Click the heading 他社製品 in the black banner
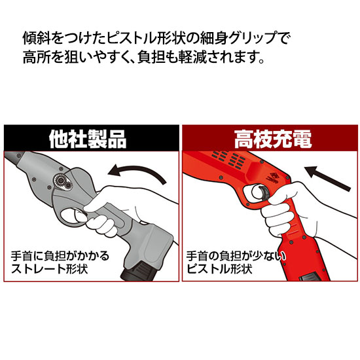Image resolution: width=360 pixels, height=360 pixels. pyautogui.click(x=88, y=139)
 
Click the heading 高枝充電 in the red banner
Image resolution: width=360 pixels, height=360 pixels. pyautogui.click(x=273, y=139)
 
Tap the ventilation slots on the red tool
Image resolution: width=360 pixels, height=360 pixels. pyautogui.click(x=228, y=158)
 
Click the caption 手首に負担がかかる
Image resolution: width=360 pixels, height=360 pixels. pyautogui.click(x=60, y=256)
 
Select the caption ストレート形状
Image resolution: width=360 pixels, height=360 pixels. pyautogui.click(x=49, y=268)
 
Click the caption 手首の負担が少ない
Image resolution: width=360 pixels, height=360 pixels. pyautogui.click(x=236, y=256)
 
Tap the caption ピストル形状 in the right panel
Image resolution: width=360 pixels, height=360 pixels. pyautogui.click(x=219, y=268)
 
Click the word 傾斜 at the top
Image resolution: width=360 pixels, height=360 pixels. pyautogui.click(x=37, y=38)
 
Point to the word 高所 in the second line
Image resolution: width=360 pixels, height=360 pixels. pyautogui.click(x=37, y=57)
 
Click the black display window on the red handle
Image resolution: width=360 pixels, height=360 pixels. pyautogui.click(x=310, y=278)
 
